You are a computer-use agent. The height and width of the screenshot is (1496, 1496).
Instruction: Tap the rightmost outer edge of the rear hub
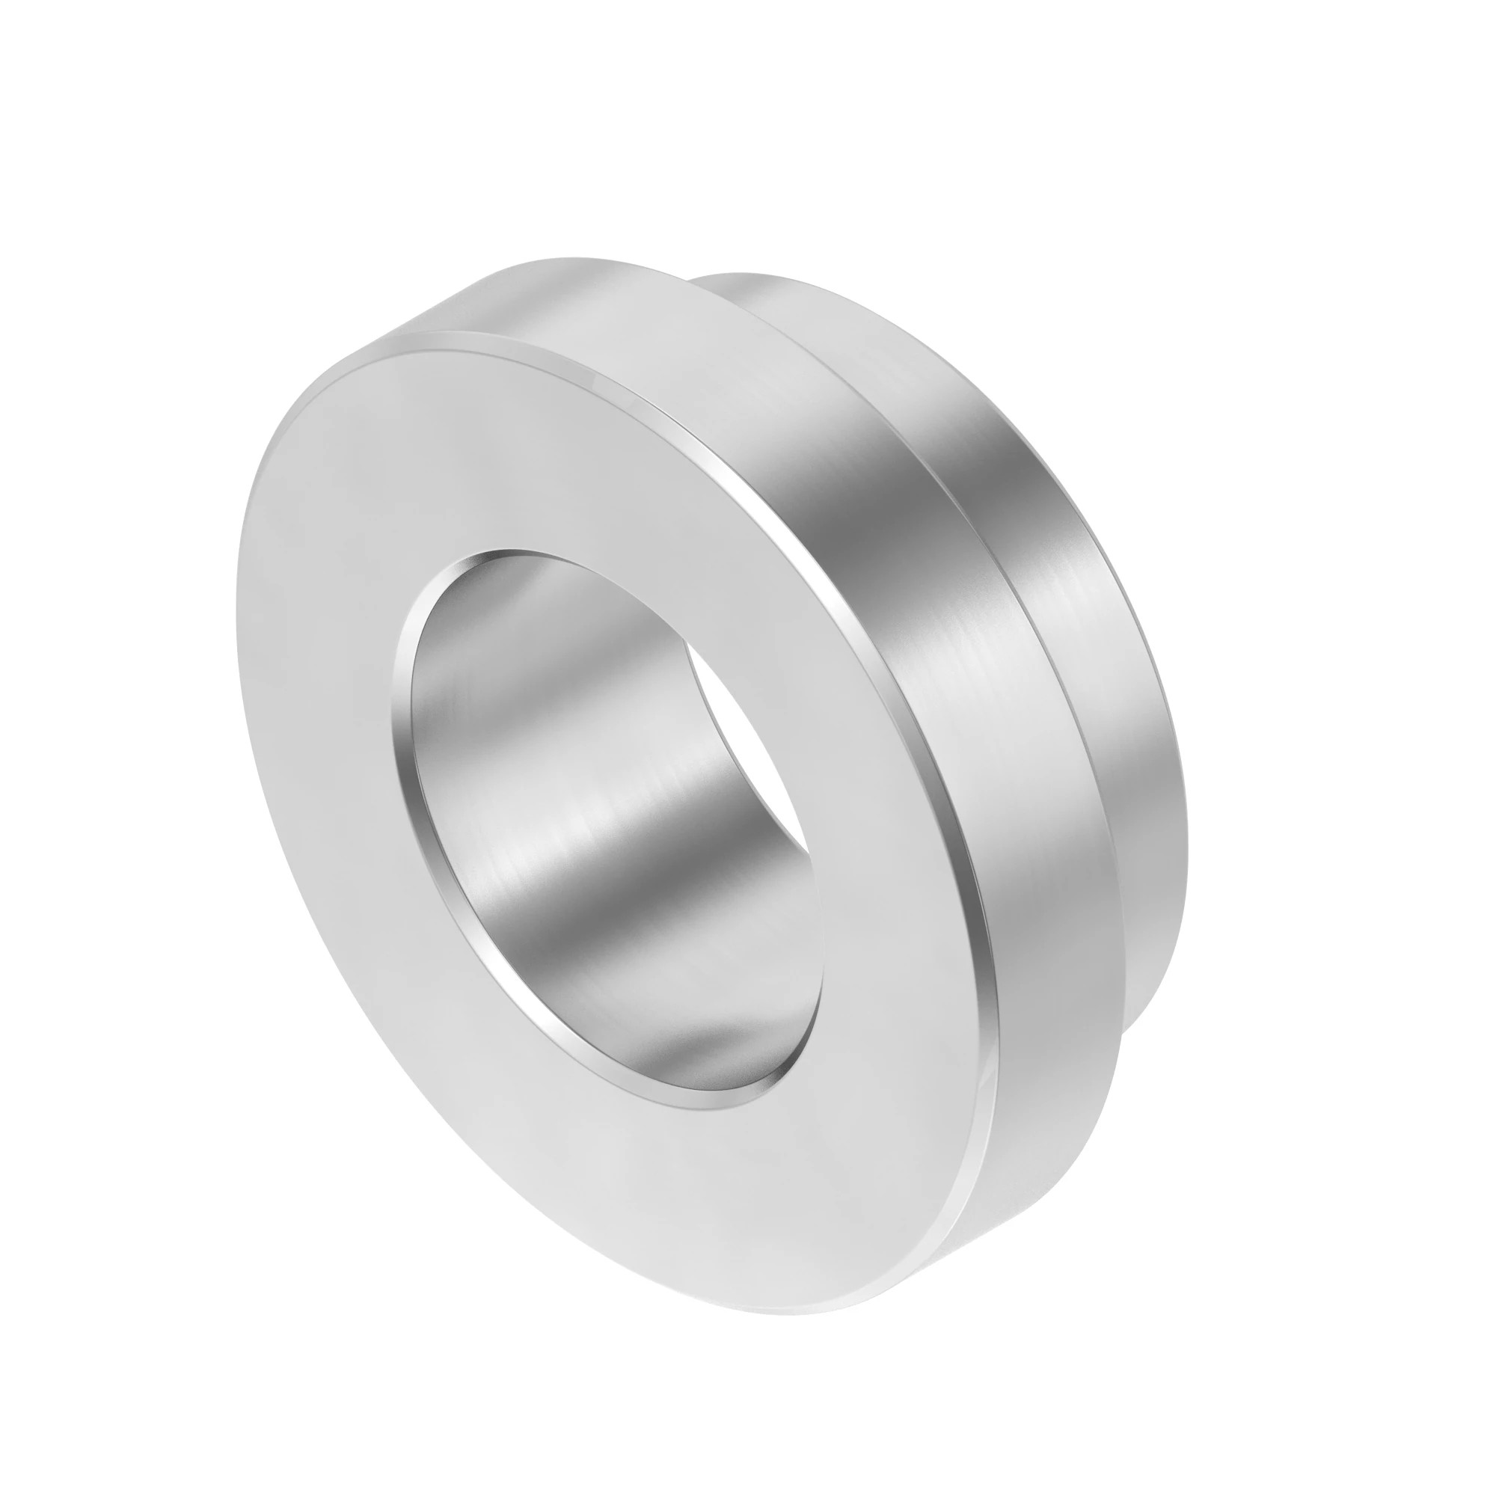coord(1187,774)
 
